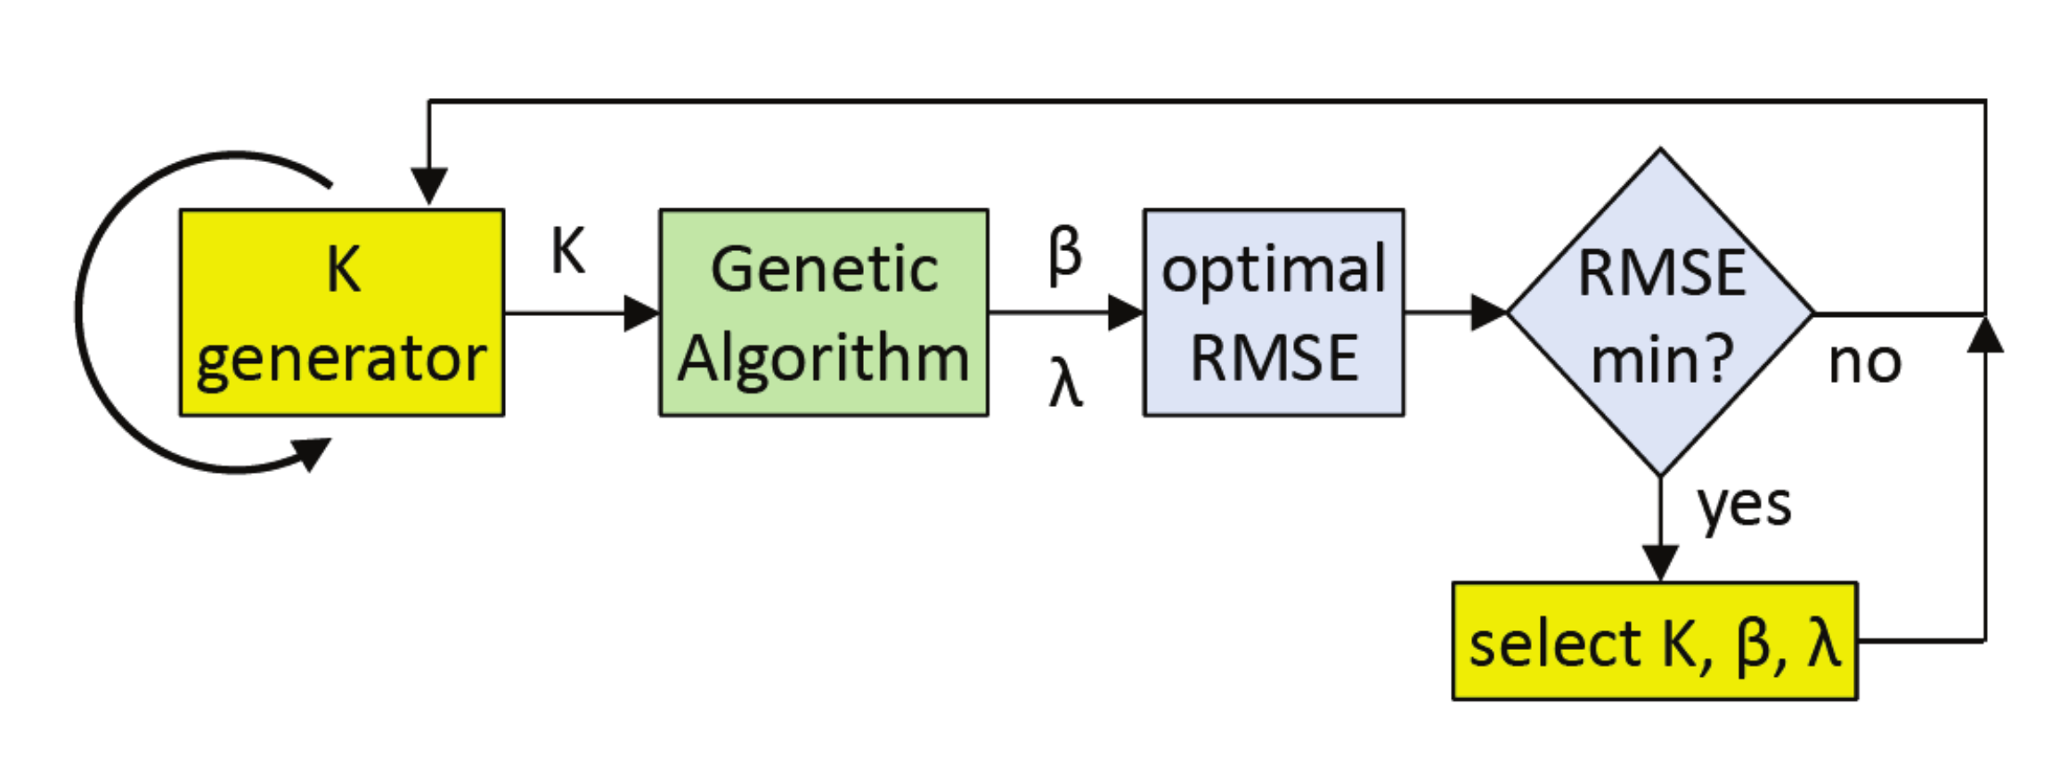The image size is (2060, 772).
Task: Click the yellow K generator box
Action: pos(341,313)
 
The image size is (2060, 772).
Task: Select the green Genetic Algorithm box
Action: pos(823,313)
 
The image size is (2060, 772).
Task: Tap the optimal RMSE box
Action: pos(1274,313)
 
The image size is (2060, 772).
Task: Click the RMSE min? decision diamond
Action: pos(1660,313)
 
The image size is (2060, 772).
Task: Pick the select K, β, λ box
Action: pos(1654,642)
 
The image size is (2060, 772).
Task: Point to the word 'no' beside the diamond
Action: pos(1865,362)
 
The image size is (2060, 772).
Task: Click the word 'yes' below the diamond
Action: pos(1744,507)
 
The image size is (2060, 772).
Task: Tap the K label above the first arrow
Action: pos(568,252)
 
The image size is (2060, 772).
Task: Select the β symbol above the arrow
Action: pos(1065,255)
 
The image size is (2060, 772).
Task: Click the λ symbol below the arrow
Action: pos(1066,384)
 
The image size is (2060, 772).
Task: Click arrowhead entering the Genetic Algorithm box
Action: pos(641,313)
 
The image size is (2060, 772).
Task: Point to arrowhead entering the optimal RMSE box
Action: pos(1125,313)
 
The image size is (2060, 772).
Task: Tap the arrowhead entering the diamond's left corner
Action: pos(1488,313)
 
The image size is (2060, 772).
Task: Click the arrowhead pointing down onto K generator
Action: pos(428,186)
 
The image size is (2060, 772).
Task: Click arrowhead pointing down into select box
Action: pos(1660,563)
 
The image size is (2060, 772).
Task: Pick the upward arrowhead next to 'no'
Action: pos(1985,334)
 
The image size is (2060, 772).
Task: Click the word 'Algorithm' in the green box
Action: pos(823,358)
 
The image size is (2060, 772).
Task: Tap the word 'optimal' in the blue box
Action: pos(1274,269)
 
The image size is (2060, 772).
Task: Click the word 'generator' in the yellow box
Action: pos(341,360)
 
